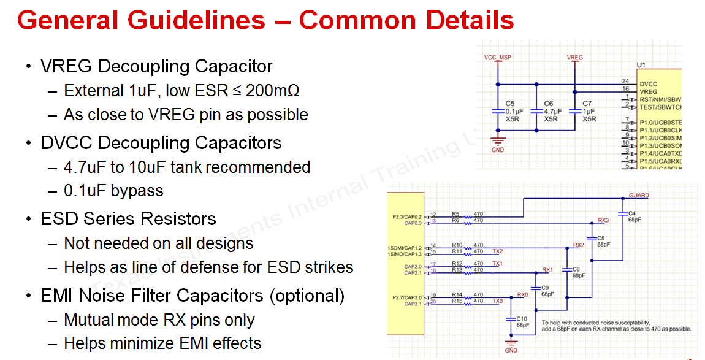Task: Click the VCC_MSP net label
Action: click(497, 58)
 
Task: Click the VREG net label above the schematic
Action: click(574, 58)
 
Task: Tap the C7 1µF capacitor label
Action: click(589, 112)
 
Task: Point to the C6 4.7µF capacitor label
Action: click(551, 112)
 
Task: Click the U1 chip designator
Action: click(641, 65)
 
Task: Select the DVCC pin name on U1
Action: click(648, 84)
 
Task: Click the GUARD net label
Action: click(639, 196)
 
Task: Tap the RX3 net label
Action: click(603, 221)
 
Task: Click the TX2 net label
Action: click(497, 251)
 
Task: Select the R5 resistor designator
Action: click(455, 214)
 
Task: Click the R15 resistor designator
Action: click(457, 301)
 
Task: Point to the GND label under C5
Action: click(497, 150)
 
